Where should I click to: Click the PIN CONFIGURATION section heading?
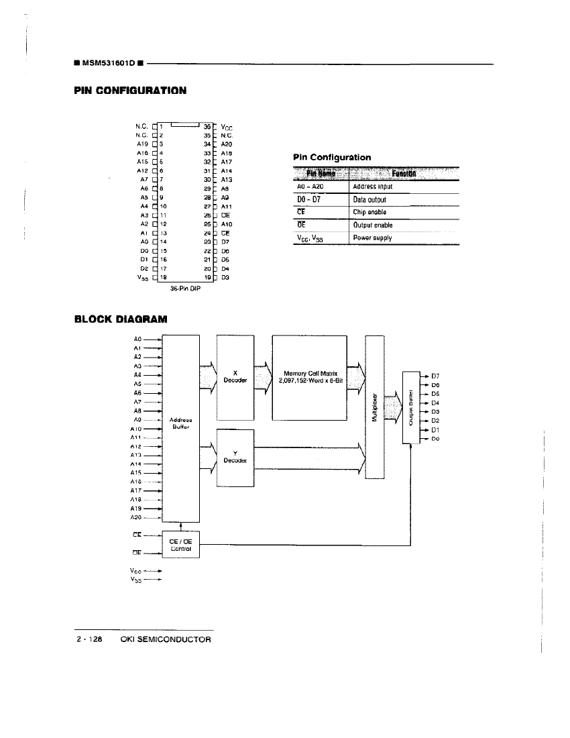click(x=129, y=90)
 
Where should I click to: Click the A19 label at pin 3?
click(x=141, y=144)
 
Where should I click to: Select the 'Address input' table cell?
click(x=373, y=187)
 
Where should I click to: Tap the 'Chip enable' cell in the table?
click(x=369, y=213)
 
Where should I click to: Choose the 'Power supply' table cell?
click(x=372, y=238)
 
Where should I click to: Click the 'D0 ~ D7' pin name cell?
click(x=308, y=200)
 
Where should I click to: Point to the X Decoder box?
click(x=235, y=376)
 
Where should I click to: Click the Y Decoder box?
click(x=235, y=457)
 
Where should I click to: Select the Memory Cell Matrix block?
click(x=309, y=376)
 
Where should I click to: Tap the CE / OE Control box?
click(x=182, y=544)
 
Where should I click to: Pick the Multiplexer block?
click(x=375, y=407)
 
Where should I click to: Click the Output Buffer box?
click(x=410, y=407)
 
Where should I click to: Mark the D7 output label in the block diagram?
click(x=435, y=376)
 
